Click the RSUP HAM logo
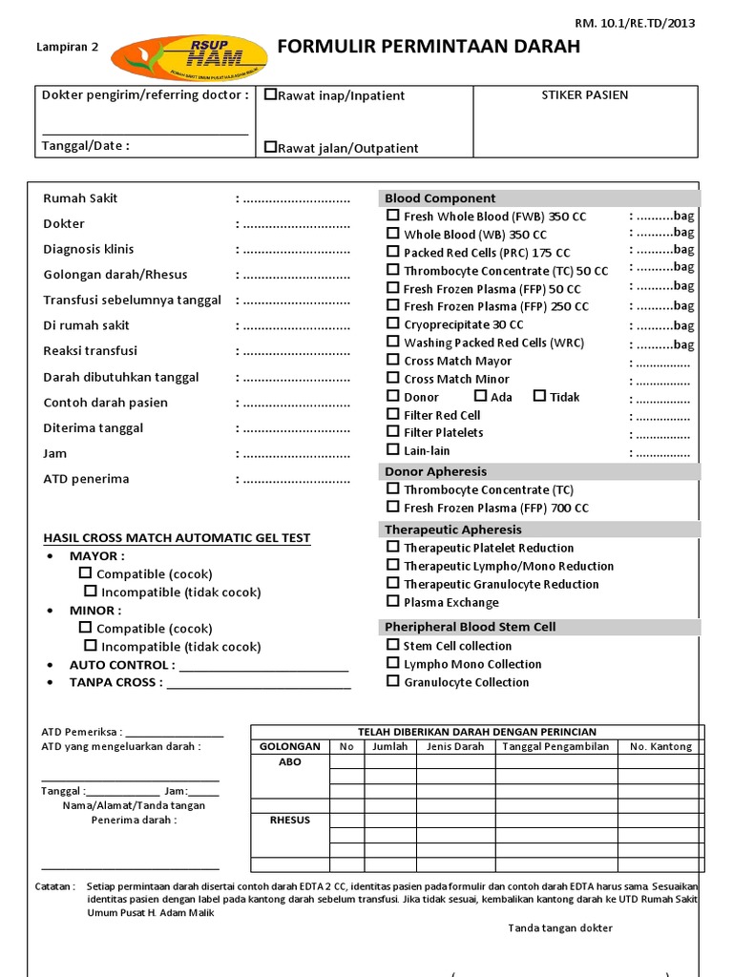coord(189,56)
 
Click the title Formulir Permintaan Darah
coord(429,48)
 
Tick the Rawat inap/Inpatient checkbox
coord(271,94)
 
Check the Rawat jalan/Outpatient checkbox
coord(271,147)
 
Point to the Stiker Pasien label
coord(585,95)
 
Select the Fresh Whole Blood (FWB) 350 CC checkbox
coord(392,216)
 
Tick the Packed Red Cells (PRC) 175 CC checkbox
coord(392,252)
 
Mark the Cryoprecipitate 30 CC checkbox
coord(392,324)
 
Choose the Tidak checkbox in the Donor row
coord(539,396)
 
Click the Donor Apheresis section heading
coord(435,471)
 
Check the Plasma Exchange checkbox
coord(392,601)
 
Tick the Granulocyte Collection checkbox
coord(392,681)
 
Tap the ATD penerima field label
coord(86,479)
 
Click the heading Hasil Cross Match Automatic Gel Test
coord(177,538)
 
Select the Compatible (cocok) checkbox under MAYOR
coord(86,573)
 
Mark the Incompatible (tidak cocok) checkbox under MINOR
coord(91,646)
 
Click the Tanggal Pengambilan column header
coord(555,746)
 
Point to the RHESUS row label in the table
coord(289,821)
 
